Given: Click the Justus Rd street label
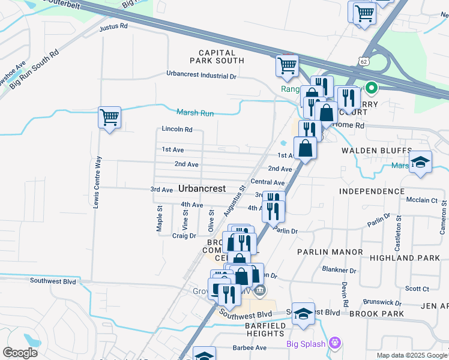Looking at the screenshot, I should point(114,26).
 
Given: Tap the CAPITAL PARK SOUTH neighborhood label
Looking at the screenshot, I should point(217,56).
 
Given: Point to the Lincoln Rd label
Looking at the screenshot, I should point(177,129).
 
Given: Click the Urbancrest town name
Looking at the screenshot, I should point(202,188).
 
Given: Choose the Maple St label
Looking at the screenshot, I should point(160,219).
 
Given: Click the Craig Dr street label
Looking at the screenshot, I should point(184,236).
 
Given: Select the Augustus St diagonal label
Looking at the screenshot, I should point(234,201).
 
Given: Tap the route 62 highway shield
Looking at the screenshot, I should point(363,61).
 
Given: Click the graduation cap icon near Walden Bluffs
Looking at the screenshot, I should point(420,162).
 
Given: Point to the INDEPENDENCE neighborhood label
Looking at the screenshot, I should point(372,191).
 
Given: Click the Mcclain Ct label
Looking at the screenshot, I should point(421,200).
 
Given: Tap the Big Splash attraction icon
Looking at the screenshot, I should point(335,343).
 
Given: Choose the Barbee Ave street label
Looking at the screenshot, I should point(250,347).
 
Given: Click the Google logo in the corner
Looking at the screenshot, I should point(20,352).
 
